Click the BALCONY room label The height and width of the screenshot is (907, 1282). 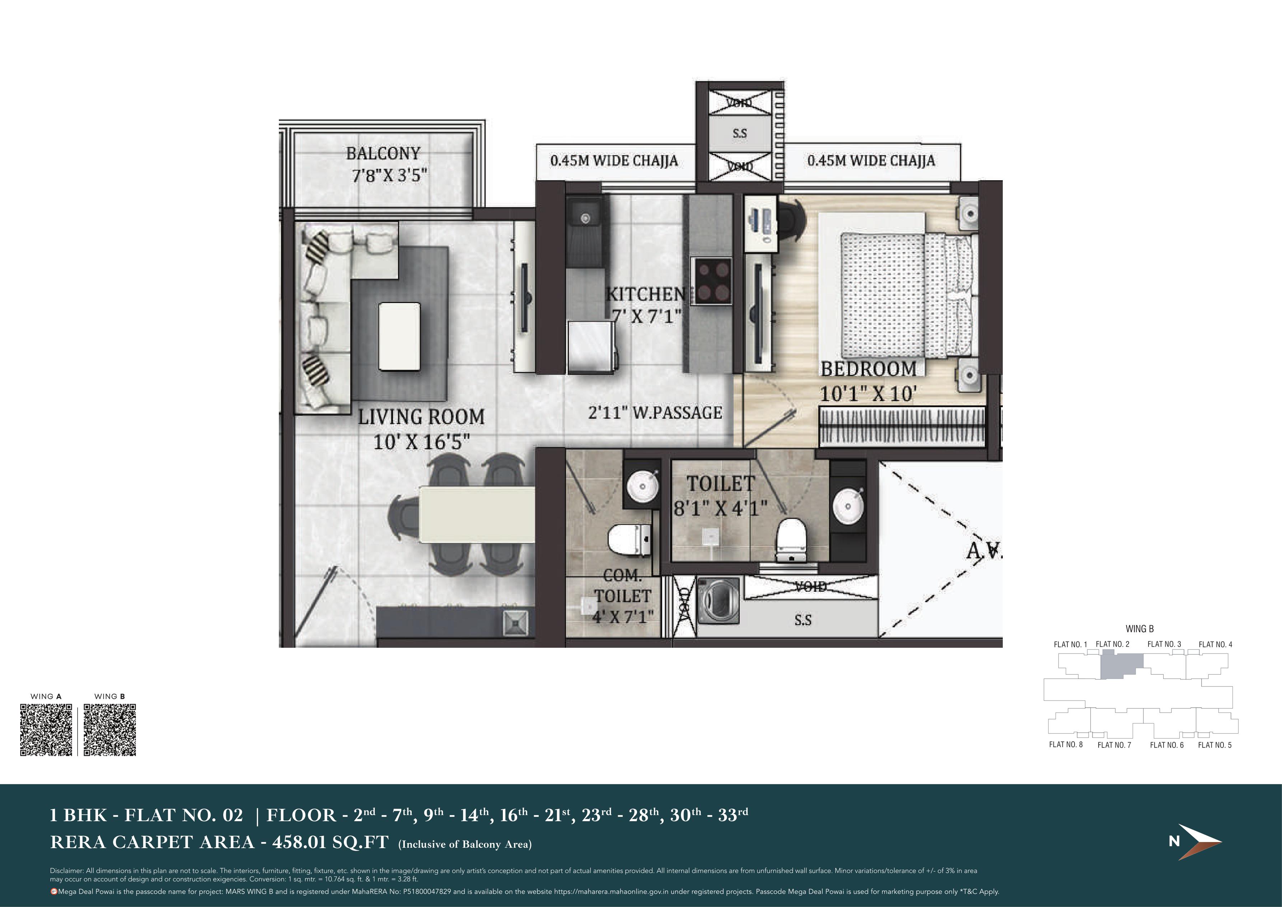tap(383, 153)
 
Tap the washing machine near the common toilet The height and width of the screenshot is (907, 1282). tap(718, 600)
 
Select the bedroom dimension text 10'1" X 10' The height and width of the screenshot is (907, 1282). tap(868, 394)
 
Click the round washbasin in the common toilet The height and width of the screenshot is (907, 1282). tap(642, 487)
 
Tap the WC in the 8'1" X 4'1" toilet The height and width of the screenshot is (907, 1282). tap(792, 540)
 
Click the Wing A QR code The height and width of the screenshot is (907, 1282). tap(46, 730)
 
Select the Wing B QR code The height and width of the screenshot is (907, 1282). tap(109, 730)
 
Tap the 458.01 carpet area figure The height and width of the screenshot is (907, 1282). tap(299, 842)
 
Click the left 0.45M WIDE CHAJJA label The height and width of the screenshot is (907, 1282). tap(614, 161)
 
